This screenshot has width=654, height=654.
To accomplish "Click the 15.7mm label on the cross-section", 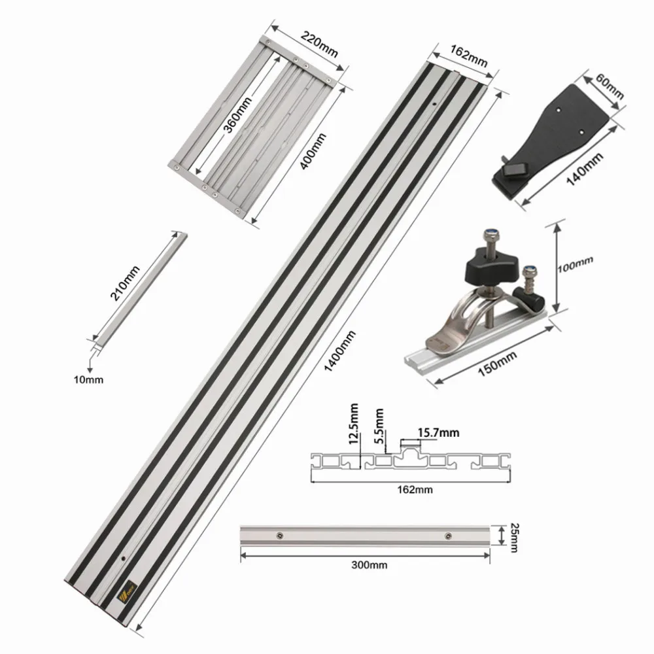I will point(439,432).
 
